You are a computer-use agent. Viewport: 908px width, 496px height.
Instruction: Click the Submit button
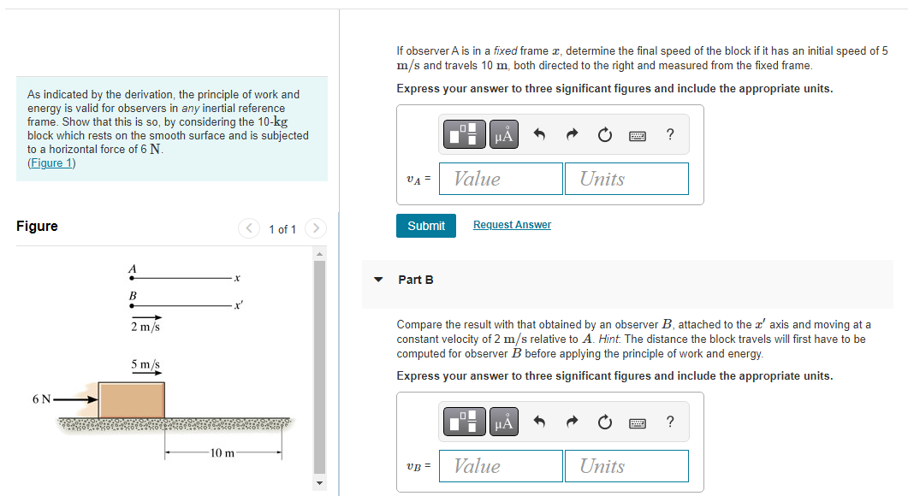(426, 226)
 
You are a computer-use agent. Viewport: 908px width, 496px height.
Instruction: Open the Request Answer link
(512, 225)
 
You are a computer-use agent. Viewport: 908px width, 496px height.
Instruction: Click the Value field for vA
(501, 179)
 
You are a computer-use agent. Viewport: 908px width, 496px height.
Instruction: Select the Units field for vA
(626, 179)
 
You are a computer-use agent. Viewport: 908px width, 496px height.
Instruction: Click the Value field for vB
(501, 466)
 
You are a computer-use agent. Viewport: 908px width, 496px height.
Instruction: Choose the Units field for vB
(626, 466)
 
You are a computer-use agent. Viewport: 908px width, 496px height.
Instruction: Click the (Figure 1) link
(51, 163)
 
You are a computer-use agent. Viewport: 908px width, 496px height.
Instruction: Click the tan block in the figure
(131, 399)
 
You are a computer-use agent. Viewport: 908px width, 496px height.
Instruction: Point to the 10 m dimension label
(223, 452)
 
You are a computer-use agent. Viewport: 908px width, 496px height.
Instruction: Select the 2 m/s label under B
(145, 327)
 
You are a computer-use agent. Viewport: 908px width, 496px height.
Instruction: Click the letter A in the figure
(132, 268)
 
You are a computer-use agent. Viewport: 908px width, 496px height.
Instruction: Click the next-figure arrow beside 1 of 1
(316, 228)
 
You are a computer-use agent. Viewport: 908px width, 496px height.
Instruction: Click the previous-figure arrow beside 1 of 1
(249, 228)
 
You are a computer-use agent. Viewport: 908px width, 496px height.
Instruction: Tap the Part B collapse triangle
(377, 280)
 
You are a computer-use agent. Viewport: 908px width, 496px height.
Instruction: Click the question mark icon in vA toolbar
(669, 134)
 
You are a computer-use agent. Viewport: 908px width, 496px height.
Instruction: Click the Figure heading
(38, 226)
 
